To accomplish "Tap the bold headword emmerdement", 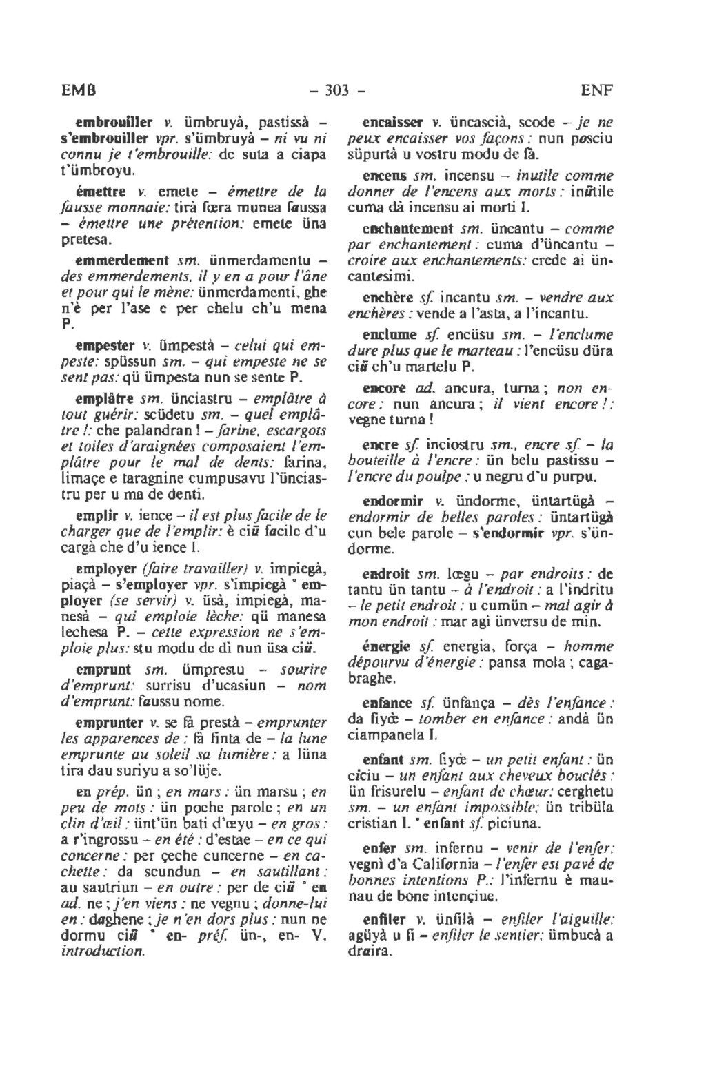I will [x=122, y=260].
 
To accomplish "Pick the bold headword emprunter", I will [x=109, y=723].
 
